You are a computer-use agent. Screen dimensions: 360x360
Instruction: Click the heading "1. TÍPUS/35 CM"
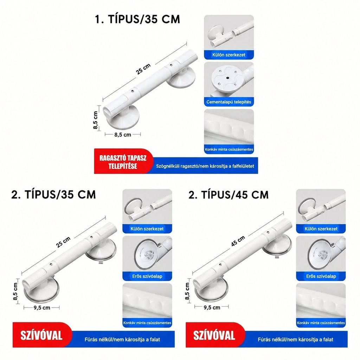point(137,19)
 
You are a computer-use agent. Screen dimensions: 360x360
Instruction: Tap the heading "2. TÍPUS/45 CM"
point(229,195)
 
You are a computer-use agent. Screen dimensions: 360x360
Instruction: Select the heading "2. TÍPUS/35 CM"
point(53,195)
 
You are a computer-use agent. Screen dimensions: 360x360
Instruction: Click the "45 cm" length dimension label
point(238,241)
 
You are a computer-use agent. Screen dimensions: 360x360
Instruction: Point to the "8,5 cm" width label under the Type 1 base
point(123,135)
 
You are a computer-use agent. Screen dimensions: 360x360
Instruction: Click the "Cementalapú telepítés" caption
point(229,102)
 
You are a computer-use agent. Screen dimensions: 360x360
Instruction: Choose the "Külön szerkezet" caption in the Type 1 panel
point(229,55)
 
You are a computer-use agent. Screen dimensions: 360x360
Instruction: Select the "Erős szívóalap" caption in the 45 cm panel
point(321,276)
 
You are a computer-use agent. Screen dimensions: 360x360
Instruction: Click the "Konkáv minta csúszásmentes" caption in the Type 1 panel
point(229,149)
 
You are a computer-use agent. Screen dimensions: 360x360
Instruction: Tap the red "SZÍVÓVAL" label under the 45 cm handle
point(214,335)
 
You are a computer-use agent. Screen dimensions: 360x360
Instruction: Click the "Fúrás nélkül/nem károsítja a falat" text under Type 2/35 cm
point(122,339)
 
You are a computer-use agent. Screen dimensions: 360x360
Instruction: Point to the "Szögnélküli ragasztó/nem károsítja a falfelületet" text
point(205,166)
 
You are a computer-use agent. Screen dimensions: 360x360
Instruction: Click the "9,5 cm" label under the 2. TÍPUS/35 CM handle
point(42,308)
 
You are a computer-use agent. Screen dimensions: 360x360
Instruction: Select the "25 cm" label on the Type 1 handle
point(143,69)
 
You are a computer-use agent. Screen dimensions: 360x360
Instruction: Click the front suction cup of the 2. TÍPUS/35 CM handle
point(41,290)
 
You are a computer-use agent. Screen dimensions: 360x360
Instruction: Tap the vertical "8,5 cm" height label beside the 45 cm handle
point(187,291)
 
